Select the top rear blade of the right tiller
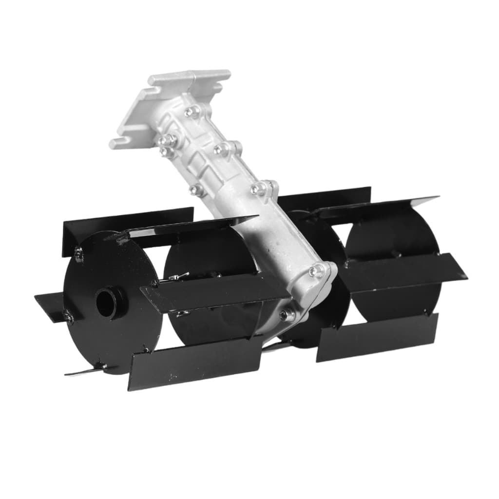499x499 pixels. (x=324, y=197)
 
